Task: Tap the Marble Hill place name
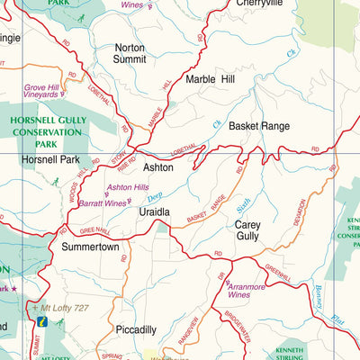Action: [212, 79]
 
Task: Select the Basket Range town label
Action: [258, 126]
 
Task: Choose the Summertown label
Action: [90, 246]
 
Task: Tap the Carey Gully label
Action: [247, 230]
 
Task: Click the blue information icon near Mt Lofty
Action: [40, 320]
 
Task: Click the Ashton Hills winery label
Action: [128, 187]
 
